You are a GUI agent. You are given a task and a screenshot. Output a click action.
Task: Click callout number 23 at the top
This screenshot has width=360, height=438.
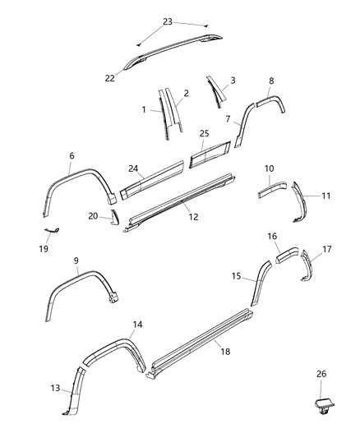tap(167, 21)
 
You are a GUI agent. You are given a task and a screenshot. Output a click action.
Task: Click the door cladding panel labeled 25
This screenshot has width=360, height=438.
tap(211, 154)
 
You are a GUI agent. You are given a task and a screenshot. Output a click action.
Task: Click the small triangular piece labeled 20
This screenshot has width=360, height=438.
tap(114, 219)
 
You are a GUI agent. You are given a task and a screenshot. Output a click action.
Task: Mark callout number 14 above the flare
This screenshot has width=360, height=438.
tap(137, 325)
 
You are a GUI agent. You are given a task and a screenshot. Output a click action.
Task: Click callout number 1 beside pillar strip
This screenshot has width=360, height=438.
tap(144, 109)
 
